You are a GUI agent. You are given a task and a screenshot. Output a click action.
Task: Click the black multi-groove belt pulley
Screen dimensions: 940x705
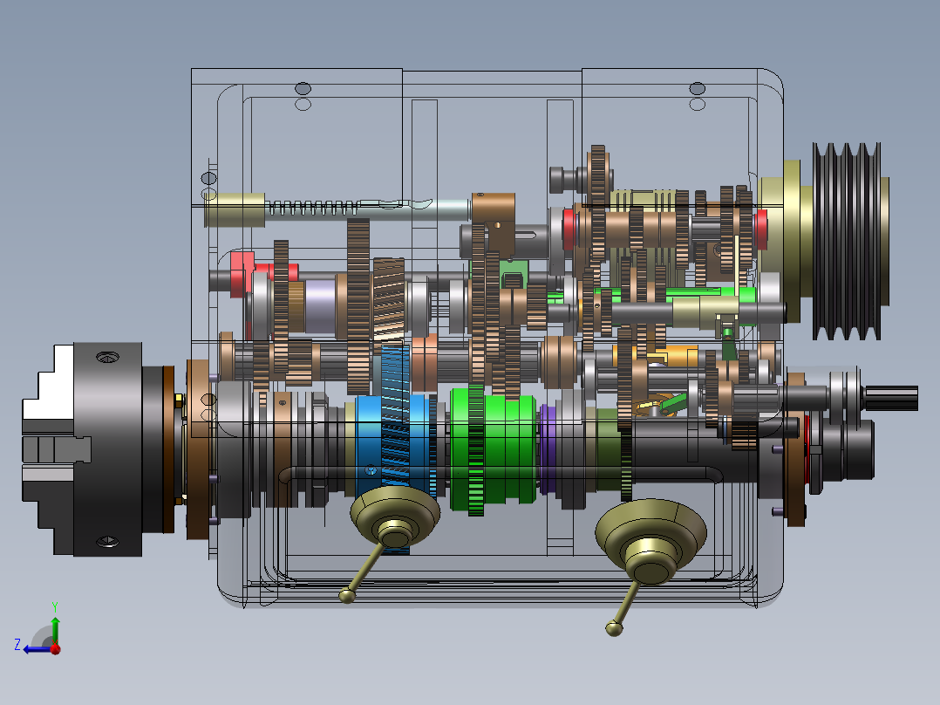coord(847,241)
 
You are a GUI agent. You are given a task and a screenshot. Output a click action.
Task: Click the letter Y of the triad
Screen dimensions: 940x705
coord(55,606)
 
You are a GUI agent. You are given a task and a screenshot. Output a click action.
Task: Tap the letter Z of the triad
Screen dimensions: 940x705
coord(17,645)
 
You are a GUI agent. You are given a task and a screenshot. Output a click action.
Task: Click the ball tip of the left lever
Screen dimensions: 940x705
coord(347,595)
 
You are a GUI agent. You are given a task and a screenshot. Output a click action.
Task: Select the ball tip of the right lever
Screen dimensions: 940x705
coord(614,628)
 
